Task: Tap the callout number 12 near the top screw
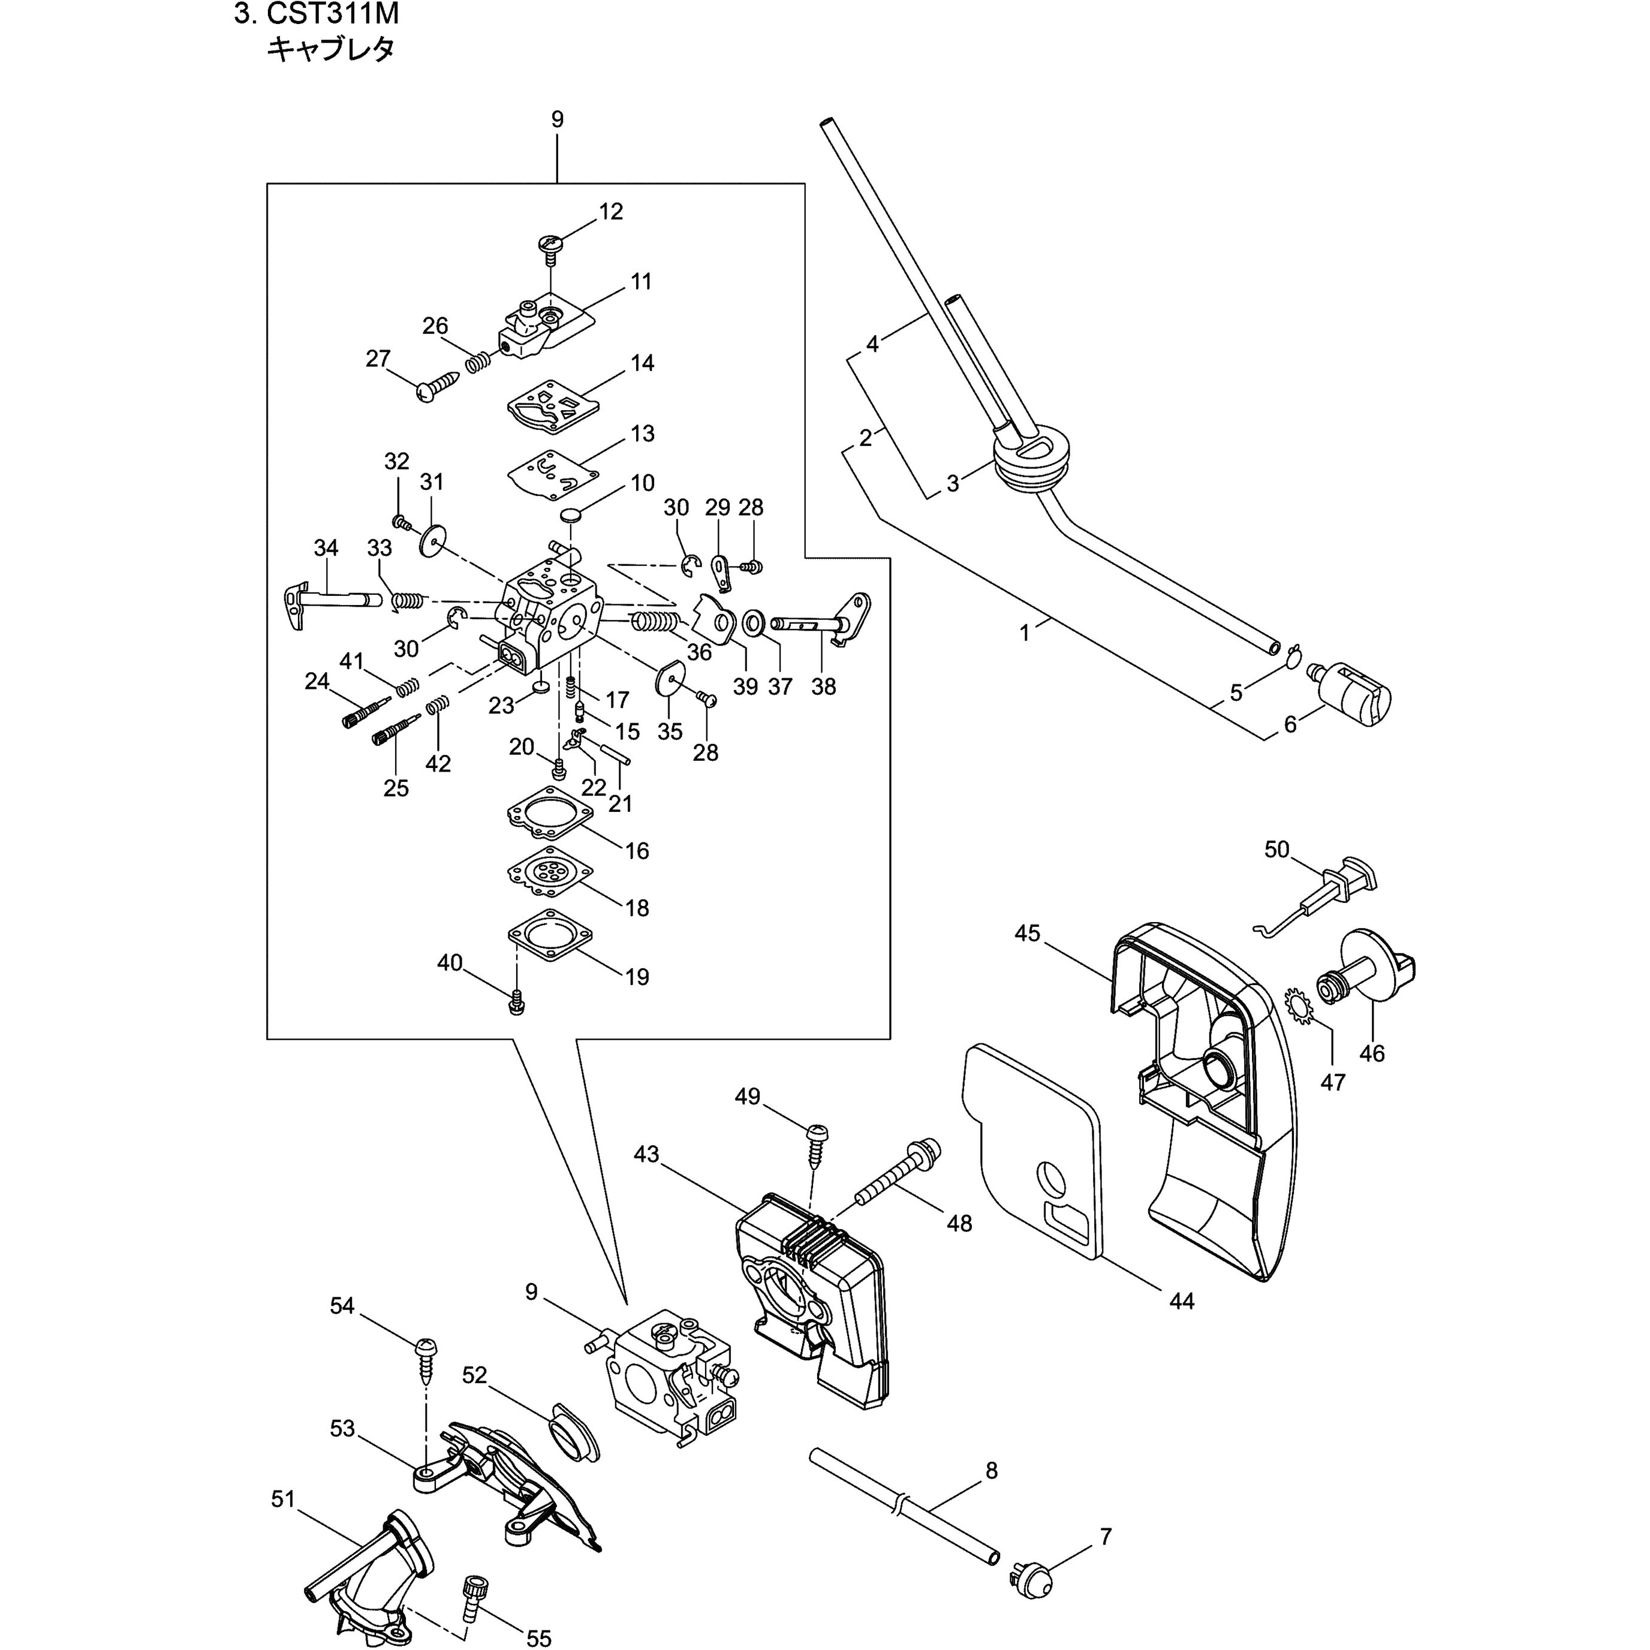coord(610,211)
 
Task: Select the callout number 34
coord(326,547)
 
